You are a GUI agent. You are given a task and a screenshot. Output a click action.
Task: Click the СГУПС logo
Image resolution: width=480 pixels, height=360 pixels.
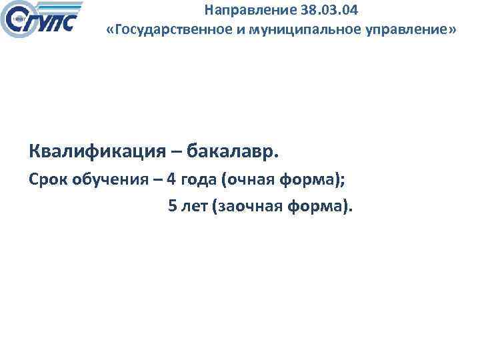(x=43, y=20)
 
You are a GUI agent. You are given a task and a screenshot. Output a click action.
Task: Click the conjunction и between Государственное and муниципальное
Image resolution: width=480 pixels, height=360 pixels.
(x=227, y=31)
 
